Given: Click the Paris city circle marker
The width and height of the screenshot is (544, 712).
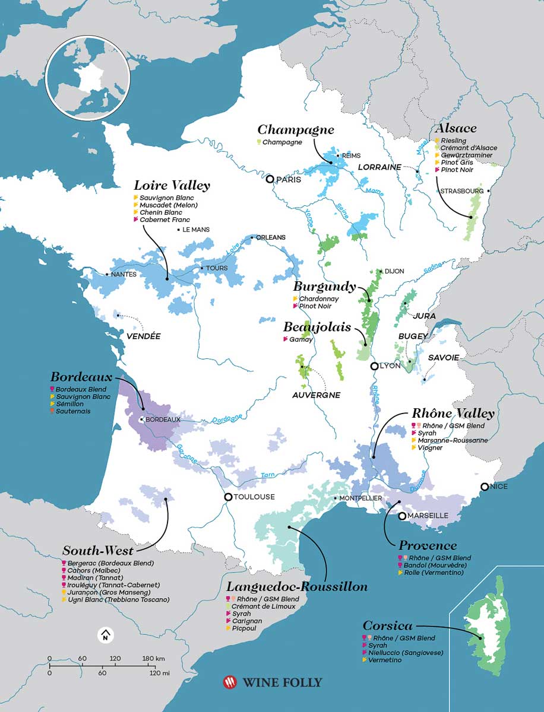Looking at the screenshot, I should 270,179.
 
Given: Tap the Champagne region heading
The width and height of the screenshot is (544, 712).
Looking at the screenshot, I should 295,129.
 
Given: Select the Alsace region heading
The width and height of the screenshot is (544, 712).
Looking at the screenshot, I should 456,128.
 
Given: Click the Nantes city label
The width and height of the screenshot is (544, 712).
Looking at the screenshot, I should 124,274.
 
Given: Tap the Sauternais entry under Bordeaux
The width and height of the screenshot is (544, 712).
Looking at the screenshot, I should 74,411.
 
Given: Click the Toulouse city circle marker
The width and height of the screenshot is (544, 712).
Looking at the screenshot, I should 228,497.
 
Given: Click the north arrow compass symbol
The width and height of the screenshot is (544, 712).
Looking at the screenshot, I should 105,635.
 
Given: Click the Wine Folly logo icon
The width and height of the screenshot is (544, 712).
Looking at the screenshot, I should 229,682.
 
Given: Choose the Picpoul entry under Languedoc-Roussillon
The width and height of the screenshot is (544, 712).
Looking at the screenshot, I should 245,628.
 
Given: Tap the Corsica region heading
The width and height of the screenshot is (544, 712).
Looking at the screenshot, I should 387,625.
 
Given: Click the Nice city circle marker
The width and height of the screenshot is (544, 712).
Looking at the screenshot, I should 485,487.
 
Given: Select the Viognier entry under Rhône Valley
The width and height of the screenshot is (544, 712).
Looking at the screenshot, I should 430,448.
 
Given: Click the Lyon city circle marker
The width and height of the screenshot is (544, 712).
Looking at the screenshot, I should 375,366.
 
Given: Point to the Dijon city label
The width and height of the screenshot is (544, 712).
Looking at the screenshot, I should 394,271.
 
